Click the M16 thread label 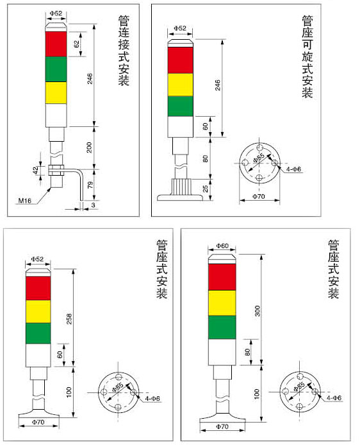point(24,201)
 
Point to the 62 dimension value point(76,44)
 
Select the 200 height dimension point(90,147)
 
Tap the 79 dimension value point(90,185)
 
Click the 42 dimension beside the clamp point(36,171)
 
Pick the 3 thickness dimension point(94,205)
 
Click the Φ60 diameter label point(222,246)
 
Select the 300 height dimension point(257,311)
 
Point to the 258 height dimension point(69,319)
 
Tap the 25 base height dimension point(206,189)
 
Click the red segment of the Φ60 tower point(222,277)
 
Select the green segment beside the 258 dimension point(38,333)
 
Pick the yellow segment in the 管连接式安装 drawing point(56,93)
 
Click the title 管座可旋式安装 point(307,57)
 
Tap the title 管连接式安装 point(124,51)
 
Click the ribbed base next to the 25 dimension point(181,187)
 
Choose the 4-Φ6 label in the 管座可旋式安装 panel point(293,169)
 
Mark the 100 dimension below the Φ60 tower point(256,394)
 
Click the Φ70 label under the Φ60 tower point(222,426)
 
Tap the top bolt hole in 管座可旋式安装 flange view point(259,147)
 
